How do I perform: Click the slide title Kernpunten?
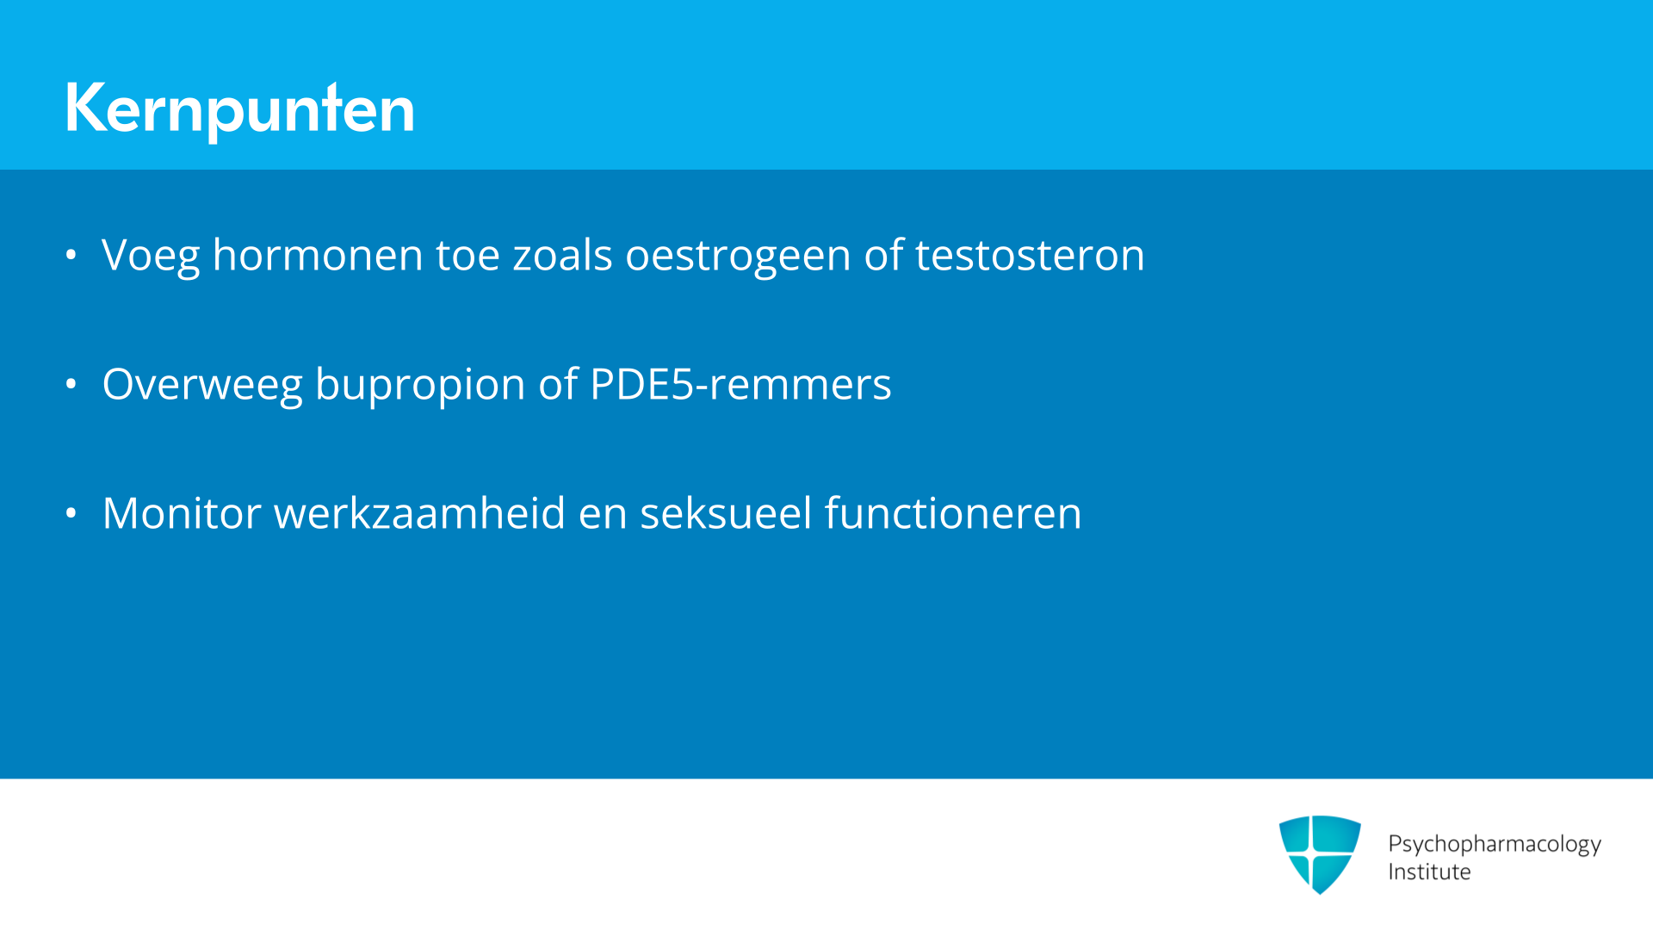tap(239, 108)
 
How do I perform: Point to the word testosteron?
tap(1030, 256)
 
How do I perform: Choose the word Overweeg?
tap(202, 385)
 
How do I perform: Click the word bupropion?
tap(420, 385)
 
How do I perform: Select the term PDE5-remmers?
tap(740, 384)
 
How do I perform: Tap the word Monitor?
tap(182, 513)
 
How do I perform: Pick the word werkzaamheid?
tap(419, 513)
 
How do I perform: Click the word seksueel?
tap(726, 513)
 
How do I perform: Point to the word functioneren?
tap(953, 513)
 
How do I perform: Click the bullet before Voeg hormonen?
tap(71, 255)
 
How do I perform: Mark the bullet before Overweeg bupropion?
tap(71, 384)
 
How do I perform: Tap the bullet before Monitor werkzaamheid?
tap(71, 513)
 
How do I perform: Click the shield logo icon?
tap(1320, 854)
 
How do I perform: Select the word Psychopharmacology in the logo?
tap(1495, 845)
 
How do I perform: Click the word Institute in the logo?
tap(1429, 871)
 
